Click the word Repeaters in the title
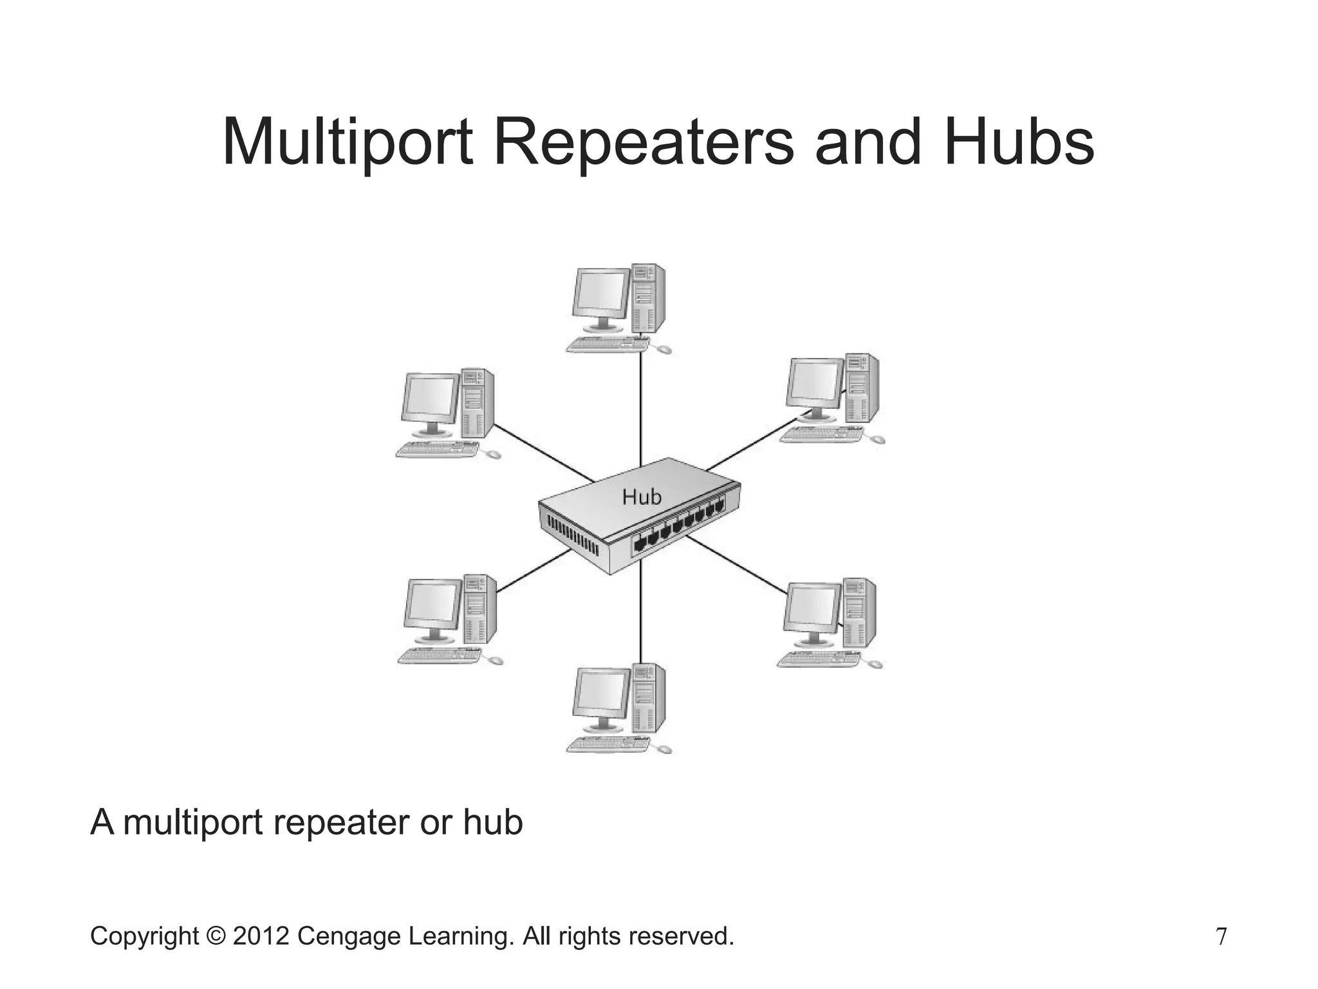click(643, 143)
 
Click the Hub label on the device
click(642, 497)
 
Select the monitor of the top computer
click(602, 294)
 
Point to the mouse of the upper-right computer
click(877, 440)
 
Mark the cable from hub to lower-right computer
click(737, 564)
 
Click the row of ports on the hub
click(679, 525)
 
